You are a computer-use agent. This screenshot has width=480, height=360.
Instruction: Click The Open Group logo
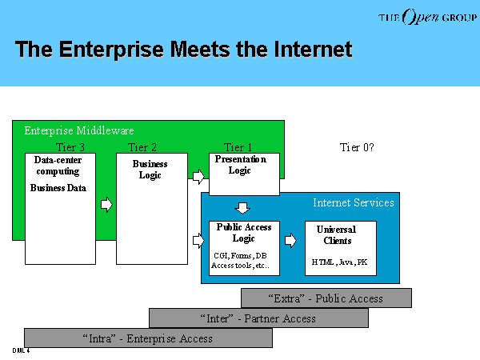(x=427, y=17)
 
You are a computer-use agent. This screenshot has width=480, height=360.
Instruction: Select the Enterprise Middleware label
(x=79, y=131)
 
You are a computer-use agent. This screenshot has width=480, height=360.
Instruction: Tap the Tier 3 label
(x=70, y=147)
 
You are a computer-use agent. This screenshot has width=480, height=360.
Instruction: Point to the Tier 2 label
(x=142, y=147)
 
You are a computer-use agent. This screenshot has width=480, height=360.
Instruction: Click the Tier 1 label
(x=238, y=147)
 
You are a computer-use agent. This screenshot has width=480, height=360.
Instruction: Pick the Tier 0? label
(x=357, y=147)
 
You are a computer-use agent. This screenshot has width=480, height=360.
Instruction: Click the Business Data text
(x=58, y=188)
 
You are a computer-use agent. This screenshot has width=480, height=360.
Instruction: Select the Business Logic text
(x=150, y=170)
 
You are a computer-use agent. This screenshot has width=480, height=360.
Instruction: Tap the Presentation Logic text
(x=241, y=165)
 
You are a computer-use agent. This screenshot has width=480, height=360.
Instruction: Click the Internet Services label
(x=354, y=202)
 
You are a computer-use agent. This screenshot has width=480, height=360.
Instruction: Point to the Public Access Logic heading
(x=244, y=233)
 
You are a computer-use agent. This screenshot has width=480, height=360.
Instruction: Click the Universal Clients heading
(x=337, y=235)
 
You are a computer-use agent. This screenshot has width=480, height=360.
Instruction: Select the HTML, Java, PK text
(x=339, y=262)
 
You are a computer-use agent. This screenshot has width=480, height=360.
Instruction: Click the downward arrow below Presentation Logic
(x=242, y=208)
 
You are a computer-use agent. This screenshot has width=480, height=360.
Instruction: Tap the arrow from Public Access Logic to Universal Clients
(x=290, y=241)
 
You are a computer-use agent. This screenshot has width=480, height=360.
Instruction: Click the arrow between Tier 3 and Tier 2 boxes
(x=106, y=205)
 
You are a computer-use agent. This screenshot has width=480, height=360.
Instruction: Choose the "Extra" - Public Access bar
(x=326, y=298)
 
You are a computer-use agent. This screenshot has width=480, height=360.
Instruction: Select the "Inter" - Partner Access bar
(x=258, y=318)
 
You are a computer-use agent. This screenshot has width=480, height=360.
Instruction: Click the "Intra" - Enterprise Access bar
(x=148, y=338)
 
